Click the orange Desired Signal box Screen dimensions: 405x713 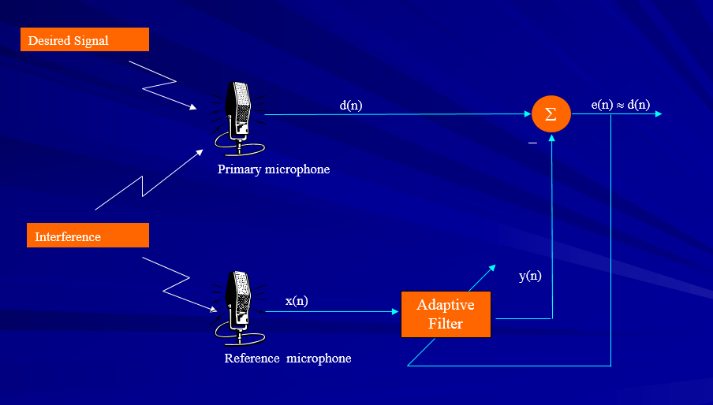point(84,39)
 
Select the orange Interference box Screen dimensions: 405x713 point(84,236)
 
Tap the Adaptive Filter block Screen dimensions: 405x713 point(446,314)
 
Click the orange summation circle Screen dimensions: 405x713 point(551,113)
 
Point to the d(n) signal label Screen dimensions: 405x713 point(351,105)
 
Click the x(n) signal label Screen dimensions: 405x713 point(297,301)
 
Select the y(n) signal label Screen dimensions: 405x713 point(530,276)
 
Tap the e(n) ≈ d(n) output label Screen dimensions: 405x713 point(620,105)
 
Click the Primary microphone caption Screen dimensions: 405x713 point(274,169)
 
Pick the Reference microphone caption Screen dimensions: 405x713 point(288,359)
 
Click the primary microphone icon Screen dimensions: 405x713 point(238,117)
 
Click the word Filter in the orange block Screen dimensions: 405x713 point(446,323)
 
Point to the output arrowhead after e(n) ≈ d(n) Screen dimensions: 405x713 point(657,114)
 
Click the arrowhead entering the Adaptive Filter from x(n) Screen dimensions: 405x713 point(396,311)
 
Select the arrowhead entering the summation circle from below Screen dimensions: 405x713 point(551,137)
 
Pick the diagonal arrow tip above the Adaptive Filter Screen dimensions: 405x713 point(494,266)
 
